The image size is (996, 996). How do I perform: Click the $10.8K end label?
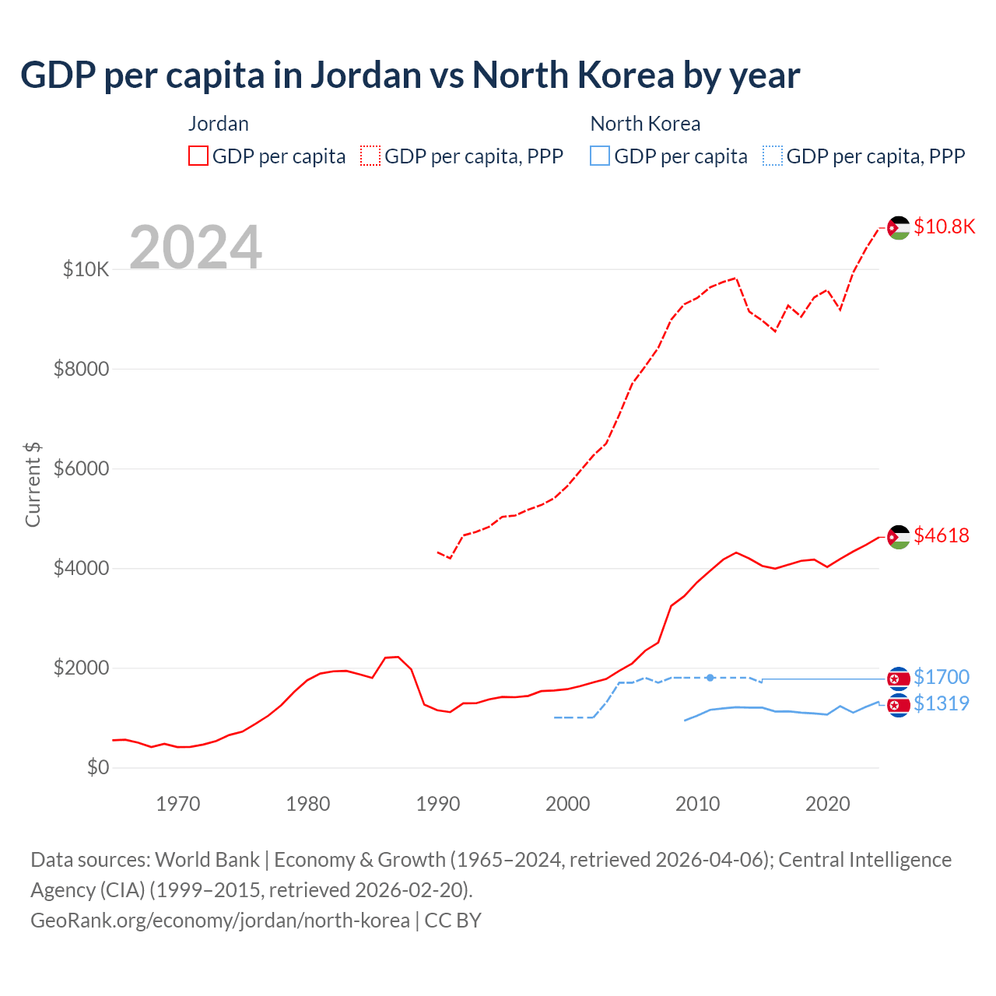[x=944, y=226]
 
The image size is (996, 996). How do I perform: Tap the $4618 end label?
[x=941, y=535]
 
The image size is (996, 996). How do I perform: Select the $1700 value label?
[x=941, y=677]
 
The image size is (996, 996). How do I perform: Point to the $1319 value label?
[x=941, y=703]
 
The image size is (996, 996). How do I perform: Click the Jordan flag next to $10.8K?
[x=899, y=228]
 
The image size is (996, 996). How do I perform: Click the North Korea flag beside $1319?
[x=899, y=706]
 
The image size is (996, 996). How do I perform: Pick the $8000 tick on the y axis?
[x=81, y=369]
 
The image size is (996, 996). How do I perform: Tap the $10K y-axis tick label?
[x=86, y=270]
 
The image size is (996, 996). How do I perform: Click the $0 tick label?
[x=97, y=768]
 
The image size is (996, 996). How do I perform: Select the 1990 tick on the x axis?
[x=438, y=804]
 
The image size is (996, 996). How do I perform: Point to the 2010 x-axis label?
[x=697, y=804]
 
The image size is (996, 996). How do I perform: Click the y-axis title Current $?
[x=33, y=484]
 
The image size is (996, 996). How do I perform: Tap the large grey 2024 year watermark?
[x=195, y=247]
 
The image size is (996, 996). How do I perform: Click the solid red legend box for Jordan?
[x=198, y=156]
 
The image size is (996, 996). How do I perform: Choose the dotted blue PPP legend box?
[x=773, y=156]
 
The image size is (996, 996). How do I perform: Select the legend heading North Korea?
[x=645, y=124]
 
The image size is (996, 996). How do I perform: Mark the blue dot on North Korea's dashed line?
[x=710, y=678]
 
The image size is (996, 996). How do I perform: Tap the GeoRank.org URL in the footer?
[x=220, y=921]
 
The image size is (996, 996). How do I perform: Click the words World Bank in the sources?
[x=207, y=860]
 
